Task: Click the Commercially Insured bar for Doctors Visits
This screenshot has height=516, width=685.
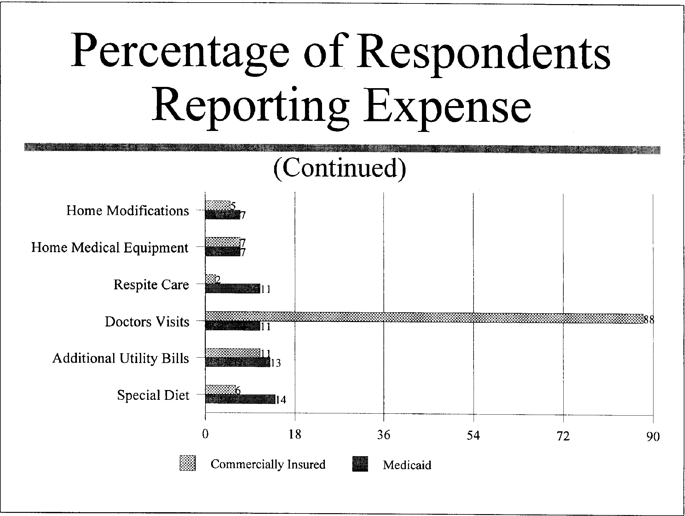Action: (424, 318)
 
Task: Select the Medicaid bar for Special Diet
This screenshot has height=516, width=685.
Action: (240, 399)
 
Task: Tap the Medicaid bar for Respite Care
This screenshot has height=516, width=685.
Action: (233, 288)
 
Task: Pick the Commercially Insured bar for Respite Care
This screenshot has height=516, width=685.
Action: (210, 279)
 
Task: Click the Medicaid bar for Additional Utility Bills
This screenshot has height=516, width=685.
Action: (238, 362)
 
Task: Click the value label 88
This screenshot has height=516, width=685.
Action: (649, 320)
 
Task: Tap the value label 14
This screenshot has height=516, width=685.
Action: (281, 400)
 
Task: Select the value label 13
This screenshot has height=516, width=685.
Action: (275, 363)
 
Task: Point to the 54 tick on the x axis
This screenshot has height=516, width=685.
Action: (473, 436)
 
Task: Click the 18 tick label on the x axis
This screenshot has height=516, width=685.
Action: (295, 435)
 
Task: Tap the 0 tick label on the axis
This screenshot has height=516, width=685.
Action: (205, 435)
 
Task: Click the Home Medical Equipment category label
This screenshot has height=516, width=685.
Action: (110, 248)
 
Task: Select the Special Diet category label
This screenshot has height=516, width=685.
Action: (153, 395)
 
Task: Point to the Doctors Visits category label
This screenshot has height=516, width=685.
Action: (147, 322)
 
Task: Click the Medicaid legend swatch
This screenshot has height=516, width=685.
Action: (360, 464)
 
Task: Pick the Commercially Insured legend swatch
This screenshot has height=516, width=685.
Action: (188, 463)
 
